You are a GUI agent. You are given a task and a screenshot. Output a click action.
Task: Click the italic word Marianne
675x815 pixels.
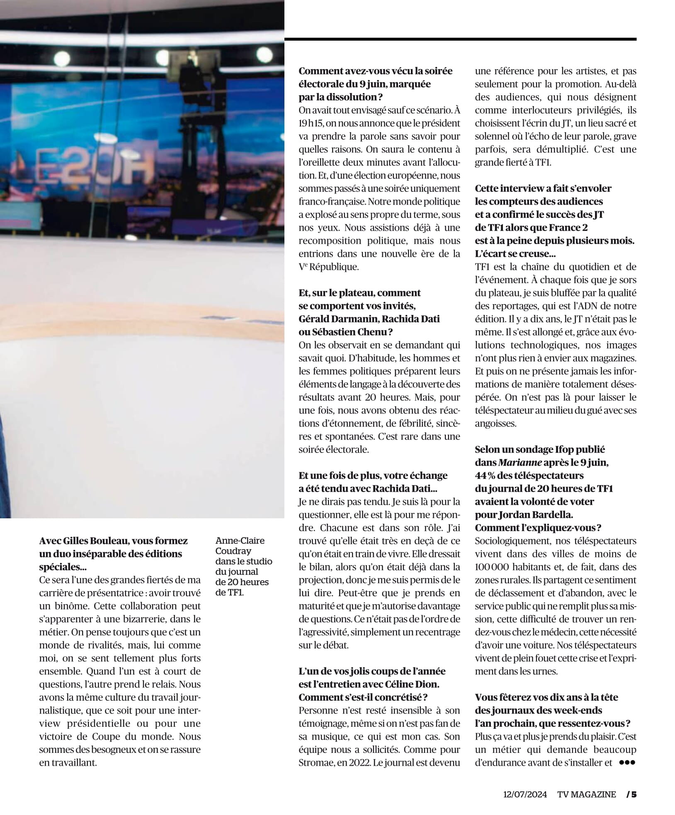(x=515, y=462)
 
